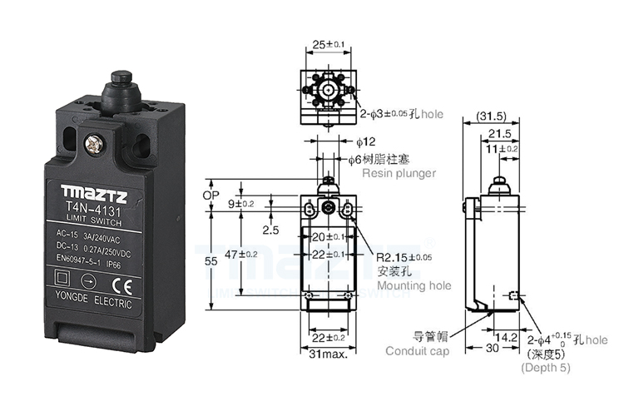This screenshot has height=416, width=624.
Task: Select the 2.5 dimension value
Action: coord(270,230)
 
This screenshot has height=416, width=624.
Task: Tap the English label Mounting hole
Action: coord(414,285)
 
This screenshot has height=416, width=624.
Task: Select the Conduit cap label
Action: coord(418,351)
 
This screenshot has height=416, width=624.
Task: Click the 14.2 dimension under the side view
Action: coord(503,338)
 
